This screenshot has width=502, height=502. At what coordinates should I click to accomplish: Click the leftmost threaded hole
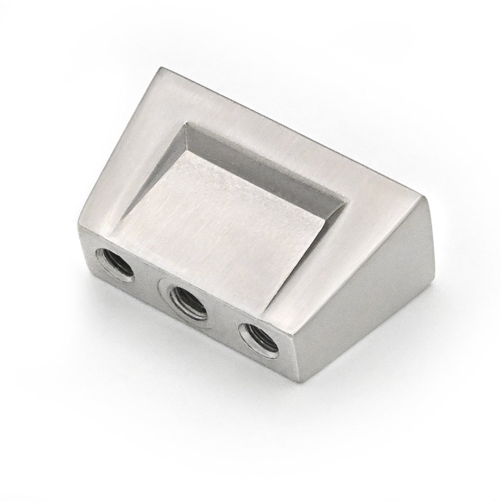pyautogui.click(x=114, y=264)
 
